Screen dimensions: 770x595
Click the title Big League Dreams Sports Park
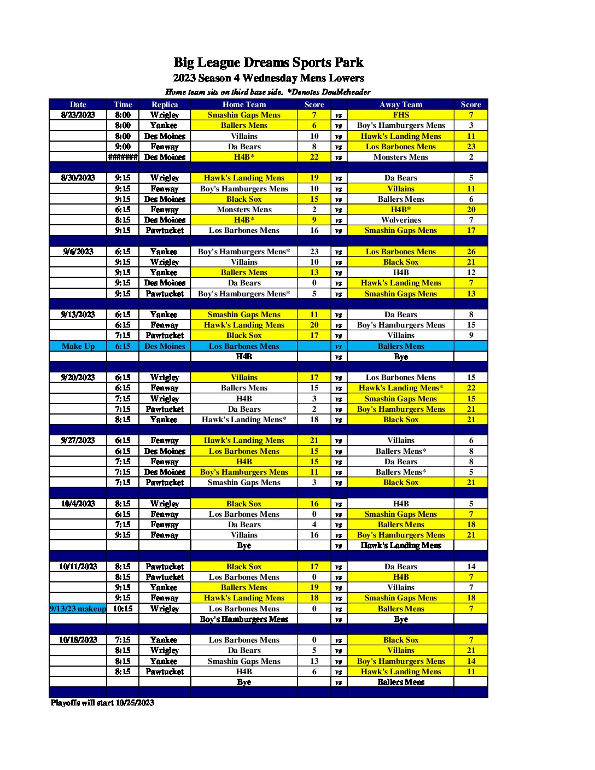coord(268,62)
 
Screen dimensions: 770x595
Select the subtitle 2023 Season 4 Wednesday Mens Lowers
coord(268,78)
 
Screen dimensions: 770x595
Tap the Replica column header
coord(165,104)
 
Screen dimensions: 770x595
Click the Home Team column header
coord(244,104)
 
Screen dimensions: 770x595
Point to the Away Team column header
coord(400,104)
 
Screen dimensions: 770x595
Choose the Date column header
coord(78,104)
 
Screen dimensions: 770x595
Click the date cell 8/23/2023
coord(78,115)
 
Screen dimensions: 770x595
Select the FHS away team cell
coord(400,115)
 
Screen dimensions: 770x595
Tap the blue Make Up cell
coord(78,346)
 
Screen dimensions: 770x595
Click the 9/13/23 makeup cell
coord(78,609)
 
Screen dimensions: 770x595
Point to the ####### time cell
coord(122,157)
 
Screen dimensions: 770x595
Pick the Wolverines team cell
coord(400,220)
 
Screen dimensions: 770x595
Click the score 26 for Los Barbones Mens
coord(471,252)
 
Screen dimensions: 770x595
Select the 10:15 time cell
coord(122,609)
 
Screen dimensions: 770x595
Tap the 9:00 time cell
coord(122,147)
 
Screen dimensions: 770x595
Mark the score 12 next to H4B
coord(471,272)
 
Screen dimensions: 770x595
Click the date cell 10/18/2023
coord(78,640)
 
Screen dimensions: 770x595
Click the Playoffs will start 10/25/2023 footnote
coord(102,703)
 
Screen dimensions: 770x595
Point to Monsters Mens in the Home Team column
coord(244,209)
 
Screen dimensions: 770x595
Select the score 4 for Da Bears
coord(314,524)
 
